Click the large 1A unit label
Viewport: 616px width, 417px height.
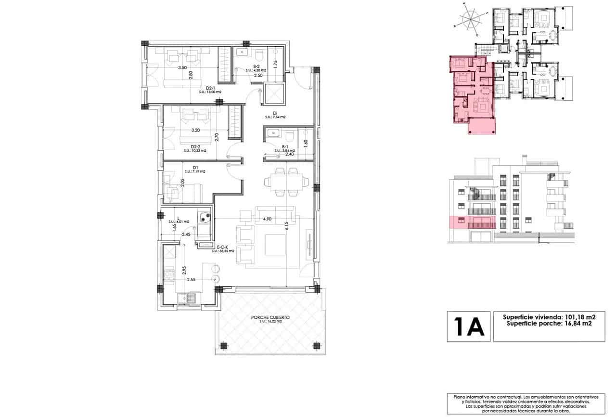click(468, 327)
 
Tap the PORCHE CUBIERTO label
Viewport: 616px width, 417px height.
click(270, 318)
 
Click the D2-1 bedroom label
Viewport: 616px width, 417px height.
click(210, 88)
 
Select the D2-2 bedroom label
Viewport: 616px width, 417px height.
click(195, 147)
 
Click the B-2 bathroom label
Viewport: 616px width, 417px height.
click(257, 67)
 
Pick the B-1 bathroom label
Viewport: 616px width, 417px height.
click(284, 147)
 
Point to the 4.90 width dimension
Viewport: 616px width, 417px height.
click(267, 219)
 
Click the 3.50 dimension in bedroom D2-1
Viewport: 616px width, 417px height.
click(182, 68)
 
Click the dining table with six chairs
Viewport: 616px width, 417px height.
click(286, 182)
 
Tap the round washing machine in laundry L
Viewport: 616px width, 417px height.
click(204, 217)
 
